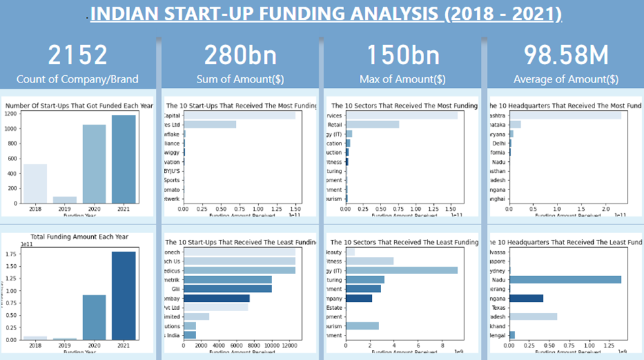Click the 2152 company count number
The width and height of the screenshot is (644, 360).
coord(78,55)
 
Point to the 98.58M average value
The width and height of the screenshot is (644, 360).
coord(565,55)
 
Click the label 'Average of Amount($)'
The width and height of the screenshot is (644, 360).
coord(565,79)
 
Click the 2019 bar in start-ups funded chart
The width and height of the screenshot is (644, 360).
coord(65,199)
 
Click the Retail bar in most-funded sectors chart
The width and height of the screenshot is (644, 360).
coord(373,124)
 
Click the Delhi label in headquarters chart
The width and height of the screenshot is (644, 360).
coord(497,143)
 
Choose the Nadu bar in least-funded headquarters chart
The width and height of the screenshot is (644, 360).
coord(565,279)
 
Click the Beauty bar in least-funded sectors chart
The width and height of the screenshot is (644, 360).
coord(350,252)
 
